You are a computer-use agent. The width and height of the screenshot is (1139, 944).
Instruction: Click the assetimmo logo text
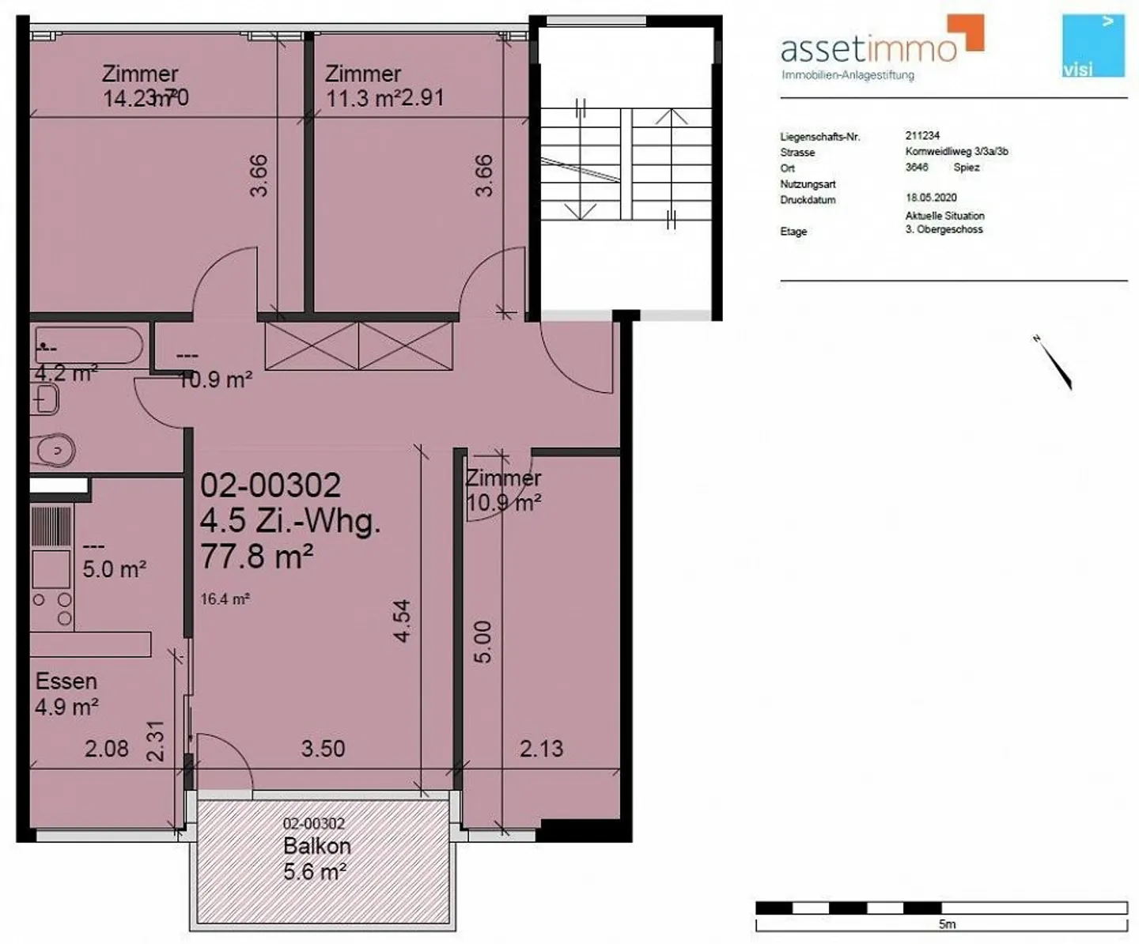(868, 49)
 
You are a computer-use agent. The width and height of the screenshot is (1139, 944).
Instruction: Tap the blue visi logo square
(1093, 46)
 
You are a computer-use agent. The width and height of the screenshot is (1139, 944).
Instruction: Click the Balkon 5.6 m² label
(316, 859)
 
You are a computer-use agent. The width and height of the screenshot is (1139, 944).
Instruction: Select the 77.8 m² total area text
(256, 557)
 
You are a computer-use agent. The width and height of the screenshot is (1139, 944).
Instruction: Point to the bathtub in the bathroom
(88, 346)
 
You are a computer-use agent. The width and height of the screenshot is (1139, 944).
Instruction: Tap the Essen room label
(66, 682)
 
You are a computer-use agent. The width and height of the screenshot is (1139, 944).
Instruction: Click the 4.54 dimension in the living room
(402, 621)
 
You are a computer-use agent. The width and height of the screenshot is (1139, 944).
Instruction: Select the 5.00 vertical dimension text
(482, 641)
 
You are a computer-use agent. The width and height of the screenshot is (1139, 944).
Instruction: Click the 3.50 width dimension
(323, 749)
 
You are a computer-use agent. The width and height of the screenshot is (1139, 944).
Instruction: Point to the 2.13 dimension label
(541, 749)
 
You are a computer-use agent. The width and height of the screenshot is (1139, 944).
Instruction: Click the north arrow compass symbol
(1054, 364)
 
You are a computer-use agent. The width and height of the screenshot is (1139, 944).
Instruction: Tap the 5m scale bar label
(947, 923)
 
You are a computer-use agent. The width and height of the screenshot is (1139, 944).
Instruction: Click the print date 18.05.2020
(931, 198)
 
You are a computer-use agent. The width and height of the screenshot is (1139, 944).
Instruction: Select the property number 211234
(922, 135)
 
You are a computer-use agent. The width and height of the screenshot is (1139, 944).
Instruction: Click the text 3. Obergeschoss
(944, 229)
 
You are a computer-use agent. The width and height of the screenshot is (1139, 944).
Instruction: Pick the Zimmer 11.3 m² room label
(364, 85)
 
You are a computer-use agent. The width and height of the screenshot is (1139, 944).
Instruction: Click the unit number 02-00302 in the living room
(271, 485)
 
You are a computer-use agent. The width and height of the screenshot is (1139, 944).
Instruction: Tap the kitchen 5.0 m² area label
(114, 569)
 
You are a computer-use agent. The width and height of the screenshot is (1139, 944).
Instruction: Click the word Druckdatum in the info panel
(808, 200)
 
